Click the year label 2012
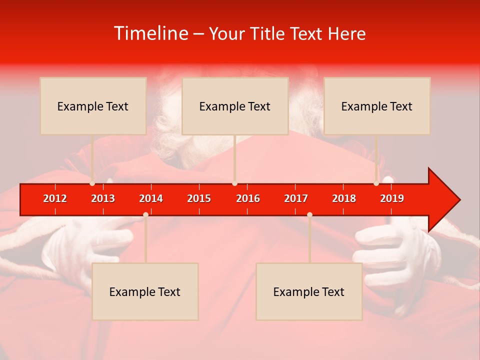[x=55, y=198]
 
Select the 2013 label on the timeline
[x=103, y=198]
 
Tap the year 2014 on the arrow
[x=151, y=198]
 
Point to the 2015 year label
[x=199, y=198]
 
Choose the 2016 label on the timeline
[x=248, y=198]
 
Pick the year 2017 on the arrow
[x=296, y=198]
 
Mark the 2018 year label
[x=344, y=198]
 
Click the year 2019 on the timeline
[x=392, y=198]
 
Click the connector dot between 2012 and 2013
[x=92, y=183]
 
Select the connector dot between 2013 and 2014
[x=145, y=214]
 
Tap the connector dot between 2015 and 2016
[x=234, y=183]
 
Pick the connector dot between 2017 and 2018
[x=309, y=214]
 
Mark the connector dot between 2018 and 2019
[x=376, y=183]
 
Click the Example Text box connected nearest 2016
[x=235, y=106]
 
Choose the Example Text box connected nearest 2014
[x=145, y=291]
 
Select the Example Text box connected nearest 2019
[x=377, y=106]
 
